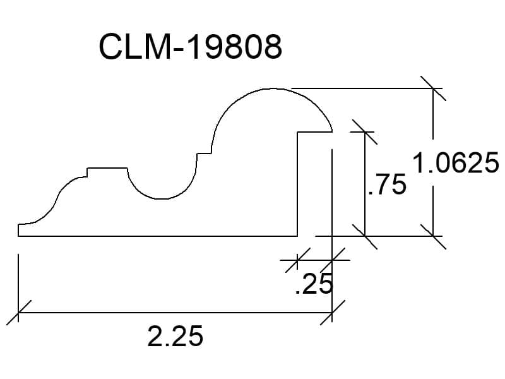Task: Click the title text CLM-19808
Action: [191, 46]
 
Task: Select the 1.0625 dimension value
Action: [455, 163]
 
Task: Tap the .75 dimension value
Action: [387, 184]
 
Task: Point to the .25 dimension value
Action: [314, 284]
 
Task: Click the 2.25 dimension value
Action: [175, 336]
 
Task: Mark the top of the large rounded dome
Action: [273, 88]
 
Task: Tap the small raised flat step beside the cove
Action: [107, 168]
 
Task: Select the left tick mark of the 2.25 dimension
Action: [19, 312]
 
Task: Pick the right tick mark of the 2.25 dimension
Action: [332, 312]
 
